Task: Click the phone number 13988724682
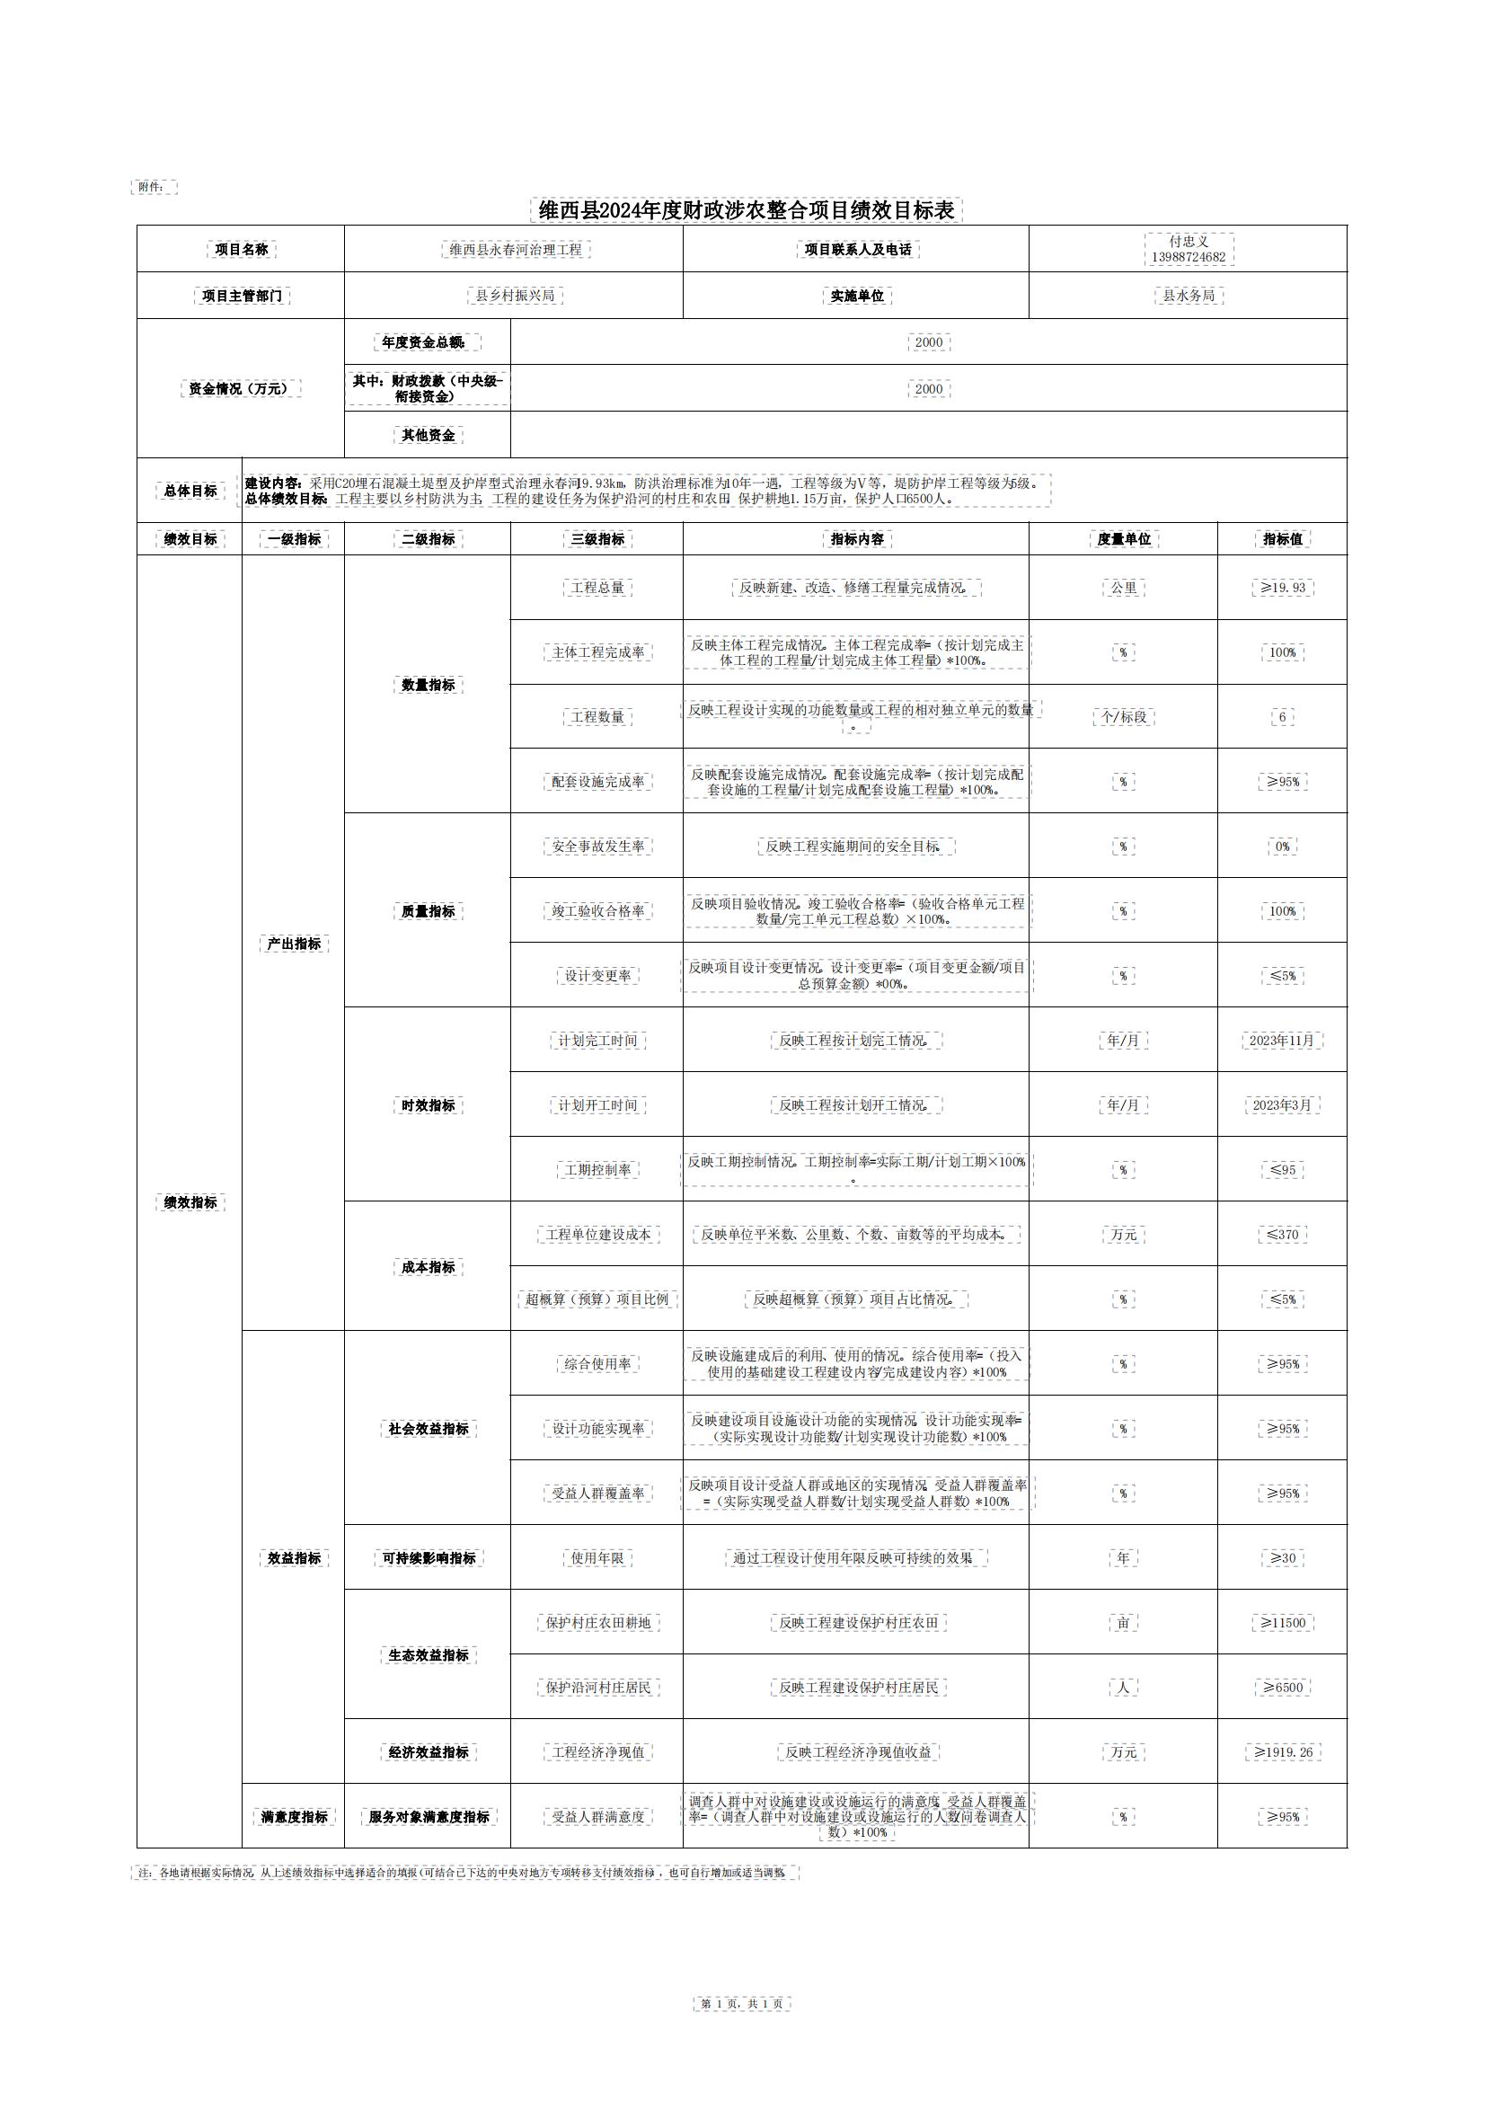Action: pos(1188,257)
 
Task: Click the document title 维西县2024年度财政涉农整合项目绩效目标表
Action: pos(746,210)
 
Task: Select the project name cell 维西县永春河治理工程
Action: pos(515,250)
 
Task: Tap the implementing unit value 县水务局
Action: pos(1188,296)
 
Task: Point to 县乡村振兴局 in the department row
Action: pos(515,296)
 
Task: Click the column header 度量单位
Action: pos(1124,539)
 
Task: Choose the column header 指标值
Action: pos(1282,539)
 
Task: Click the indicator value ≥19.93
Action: pos(1283,588)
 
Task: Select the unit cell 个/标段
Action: pos(1124,716)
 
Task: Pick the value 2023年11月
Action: pos(1282,1041)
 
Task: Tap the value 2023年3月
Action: pos(1282,1105)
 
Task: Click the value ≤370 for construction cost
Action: pos(1283,1235)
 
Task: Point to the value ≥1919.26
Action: pos(1283,1752)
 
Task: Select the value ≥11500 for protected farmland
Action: pos(1283,1622)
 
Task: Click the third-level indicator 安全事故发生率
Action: pos(597,847)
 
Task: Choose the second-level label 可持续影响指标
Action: pos(429,1558)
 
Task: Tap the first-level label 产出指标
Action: pos(294,944)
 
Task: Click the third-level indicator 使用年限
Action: pos(597,1558)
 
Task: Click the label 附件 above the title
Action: pos(152,187)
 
